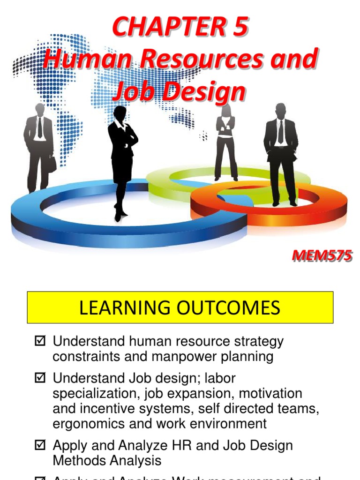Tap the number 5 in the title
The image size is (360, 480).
pyautogui.click(x=238, y=28)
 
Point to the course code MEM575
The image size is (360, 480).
pyautogui.click(x=322, y=256)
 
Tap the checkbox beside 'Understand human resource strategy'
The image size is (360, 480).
pyautogui.click(x=40, y=341)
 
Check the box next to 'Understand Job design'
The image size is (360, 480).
pyautogui.click(x=40, y=378)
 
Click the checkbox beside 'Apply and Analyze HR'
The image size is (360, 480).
pyautogui.click(x=40, y=445)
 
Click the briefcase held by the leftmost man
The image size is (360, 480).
pyautogui.click(x=52, y=164)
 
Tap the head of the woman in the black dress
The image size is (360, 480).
pyautogui.click(x=120, y=112)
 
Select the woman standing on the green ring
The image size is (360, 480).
pyautogui.click(x=226, y=143)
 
